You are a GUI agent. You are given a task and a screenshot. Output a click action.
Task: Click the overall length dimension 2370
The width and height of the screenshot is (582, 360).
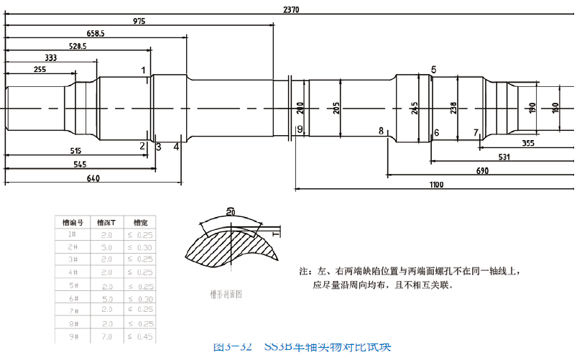[291, 9]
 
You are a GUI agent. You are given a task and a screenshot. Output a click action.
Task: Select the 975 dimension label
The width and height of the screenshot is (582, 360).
[139, 22]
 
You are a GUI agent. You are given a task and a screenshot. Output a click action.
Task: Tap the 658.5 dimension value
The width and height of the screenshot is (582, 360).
[96, 34]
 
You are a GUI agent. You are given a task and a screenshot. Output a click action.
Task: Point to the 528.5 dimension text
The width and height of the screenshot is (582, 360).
[77, 46]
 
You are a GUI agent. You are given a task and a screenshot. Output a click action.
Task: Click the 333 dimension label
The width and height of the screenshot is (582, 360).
[51, 57]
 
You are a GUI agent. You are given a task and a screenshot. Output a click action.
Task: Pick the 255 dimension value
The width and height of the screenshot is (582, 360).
[40, 70]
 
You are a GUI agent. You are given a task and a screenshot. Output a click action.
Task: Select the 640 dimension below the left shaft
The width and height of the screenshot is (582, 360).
[93, 178]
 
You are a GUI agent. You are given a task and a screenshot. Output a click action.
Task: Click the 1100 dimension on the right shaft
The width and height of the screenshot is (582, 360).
[437, 185]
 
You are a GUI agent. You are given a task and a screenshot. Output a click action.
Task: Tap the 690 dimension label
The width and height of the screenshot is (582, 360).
[482, 171]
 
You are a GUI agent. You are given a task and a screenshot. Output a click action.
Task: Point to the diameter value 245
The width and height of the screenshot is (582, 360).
[415, 109]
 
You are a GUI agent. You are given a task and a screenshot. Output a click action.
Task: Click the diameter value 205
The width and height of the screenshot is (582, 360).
[337, 109]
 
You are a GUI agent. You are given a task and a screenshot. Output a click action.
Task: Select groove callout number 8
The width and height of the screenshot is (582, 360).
[381, 131]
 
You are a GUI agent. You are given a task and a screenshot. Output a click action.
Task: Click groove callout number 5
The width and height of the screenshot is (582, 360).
[434, 70]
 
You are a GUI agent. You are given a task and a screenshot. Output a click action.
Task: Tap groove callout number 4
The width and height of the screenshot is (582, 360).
[176, 147]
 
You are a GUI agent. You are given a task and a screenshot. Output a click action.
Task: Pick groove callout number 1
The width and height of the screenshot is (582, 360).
[144, 70]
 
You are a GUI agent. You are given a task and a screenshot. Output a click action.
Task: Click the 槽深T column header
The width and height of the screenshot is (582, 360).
[106, 223]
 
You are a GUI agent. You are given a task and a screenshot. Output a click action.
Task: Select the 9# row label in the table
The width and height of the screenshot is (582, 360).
[72, 336]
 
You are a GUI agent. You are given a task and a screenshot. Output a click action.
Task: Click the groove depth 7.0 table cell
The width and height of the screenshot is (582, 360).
[106, 336]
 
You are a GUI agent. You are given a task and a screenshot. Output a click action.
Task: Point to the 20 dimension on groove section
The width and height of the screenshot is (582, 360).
[230, 212]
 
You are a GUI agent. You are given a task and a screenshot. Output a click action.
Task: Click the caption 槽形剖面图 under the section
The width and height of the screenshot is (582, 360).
[226, 293]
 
